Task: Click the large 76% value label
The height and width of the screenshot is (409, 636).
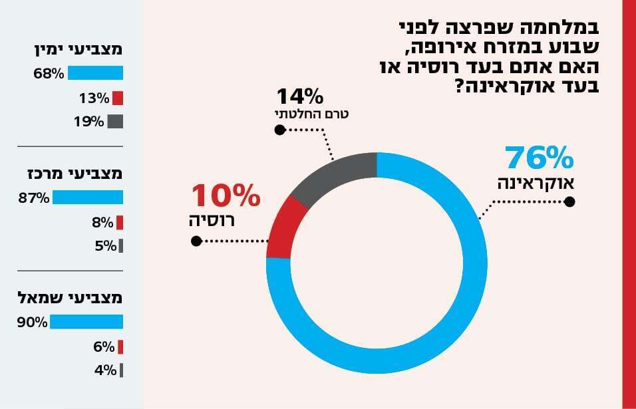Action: [x=539, y=159]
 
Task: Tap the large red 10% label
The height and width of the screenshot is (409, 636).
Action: [x=226, y=197]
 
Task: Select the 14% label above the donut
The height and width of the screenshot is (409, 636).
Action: [x=299, y=96]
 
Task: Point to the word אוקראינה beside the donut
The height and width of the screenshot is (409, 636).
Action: [x=536, y=183]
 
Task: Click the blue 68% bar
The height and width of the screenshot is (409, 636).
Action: [x=95, y=73]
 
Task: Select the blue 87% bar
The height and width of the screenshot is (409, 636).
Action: [x=88, y=198]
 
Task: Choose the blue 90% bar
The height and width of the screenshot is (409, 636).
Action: [x=86, y=322]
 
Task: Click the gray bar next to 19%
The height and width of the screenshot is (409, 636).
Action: [x=115, y=122]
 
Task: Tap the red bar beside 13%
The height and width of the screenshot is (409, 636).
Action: [x=118, y=98]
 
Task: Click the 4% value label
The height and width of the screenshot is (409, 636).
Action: [x=105, y=370]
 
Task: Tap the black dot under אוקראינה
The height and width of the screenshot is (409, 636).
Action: [x=569, y=202]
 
